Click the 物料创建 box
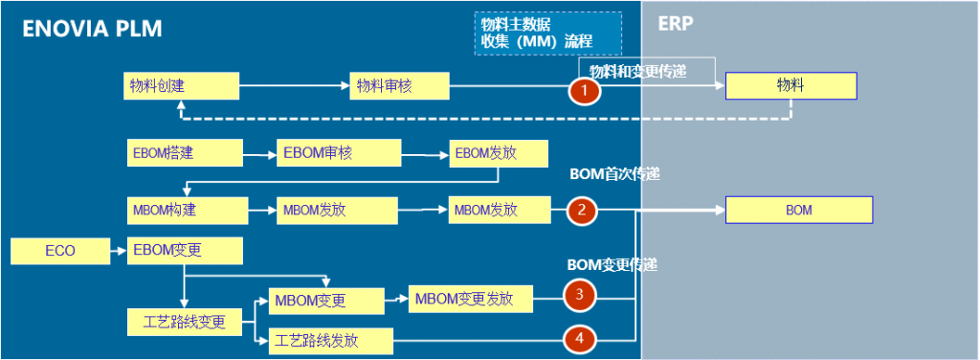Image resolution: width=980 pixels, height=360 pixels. click(181, 86)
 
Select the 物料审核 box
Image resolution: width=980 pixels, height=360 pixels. click(399, 86)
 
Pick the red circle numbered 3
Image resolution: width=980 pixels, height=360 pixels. click(579, 294)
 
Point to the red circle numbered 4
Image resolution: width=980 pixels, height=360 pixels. click(579, 337)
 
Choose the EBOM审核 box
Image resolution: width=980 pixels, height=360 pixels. click(339, 151)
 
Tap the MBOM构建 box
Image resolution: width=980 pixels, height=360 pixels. click(187, 210)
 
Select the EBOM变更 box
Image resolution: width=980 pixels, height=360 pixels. click(184, 252)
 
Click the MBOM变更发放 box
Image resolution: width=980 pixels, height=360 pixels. click(470, 299)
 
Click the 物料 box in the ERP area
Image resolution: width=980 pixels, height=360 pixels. click(791, 86)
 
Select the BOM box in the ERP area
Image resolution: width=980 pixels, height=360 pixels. click(798, 210)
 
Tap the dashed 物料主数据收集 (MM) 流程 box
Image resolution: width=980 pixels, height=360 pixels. click(547, 34)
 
